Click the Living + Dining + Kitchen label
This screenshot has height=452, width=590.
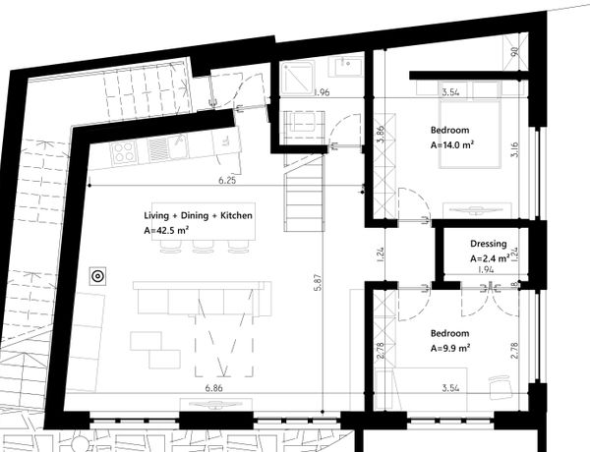tap(198, 216)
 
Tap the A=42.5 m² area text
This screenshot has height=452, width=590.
tap(166, 230)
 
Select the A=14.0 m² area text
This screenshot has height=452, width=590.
tap(452, 145)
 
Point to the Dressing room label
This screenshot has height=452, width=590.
tap(489, 244)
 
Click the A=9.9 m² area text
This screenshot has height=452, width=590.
tap(450, 349)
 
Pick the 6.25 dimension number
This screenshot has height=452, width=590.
tap(227, 180)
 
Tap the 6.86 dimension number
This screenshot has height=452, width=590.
tap(213, 388)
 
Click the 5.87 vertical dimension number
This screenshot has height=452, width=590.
tap(318, 282)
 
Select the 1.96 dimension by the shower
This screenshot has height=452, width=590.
tap(322, 92)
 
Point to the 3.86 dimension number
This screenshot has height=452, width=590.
tap(381, 135)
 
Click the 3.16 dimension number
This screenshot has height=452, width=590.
tap(514, 149)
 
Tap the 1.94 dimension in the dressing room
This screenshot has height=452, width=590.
tap(486, 269)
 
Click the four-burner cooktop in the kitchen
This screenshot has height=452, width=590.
tap(123, 152)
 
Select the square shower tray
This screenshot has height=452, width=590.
tap(297, 79)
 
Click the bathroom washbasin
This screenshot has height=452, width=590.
tap(346, 67)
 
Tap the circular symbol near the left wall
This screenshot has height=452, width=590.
tap(97, 276)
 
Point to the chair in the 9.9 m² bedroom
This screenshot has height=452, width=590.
tap(501, 386)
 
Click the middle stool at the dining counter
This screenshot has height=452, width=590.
tap(203, 246)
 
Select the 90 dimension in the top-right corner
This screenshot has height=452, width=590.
tap(514, 50)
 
